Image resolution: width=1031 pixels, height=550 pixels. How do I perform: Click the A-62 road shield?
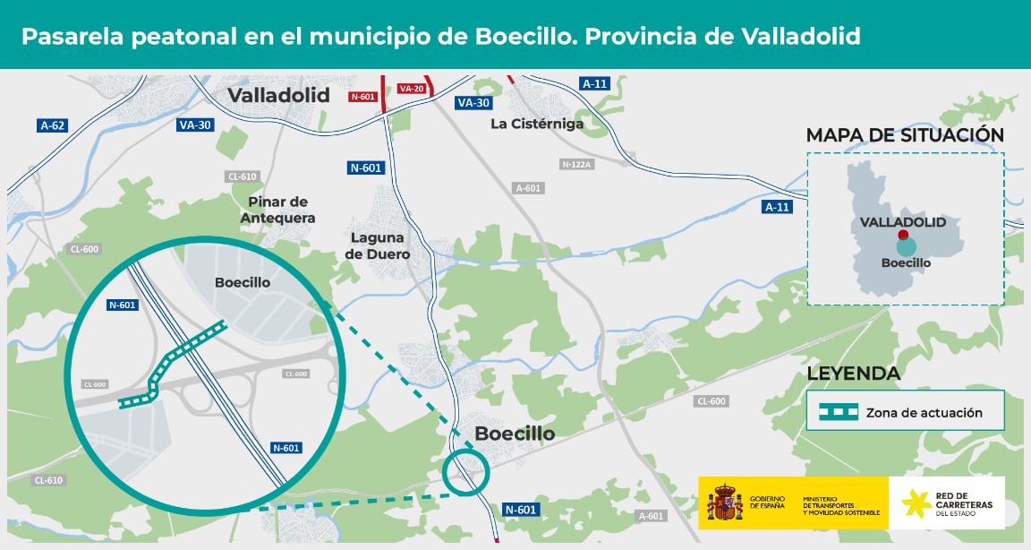tap(53, 125)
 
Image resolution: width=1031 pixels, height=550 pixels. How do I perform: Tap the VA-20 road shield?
tap(411, 89)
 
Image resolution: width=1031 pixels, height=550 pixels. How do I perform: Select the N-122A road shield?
tap(578, 164)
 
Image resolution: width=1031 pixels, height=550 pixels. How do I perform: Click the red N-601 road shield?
tap(364, 96)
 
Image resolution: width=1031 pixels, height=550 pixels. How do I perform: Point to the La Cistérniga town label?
tap(537, 124)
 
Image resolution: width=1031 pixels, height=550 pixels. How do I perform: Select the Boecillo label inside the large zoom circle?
tap(243, 282)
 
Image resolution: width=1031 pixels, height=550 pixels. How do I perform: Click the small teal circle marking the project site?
tap(466, 471)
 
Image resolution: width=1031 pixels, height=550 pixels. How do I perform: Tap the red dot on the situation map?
tap(903, 235)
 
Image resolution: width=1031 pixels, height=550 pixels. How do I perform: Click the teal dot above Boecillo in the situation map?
tap(906, 247)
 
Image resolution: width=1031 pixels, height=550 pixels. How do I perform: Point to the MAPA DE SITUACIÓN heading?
tap(905, 135)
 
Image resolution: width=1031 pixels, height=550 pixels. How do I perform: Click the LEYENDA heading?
tap(853, 373)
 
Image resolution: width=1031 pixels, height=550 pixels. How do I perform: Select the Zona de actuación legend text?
tap(924, 413)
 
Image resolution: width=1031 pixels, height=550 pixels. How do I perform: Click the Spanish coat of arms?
tap(725, 503)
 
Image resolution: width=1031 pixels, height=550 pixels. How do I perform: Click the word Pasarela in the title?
tap(72, 36)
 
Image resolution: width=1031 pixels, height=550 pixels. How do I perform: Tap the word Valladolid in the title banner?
tap(802, 36)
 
